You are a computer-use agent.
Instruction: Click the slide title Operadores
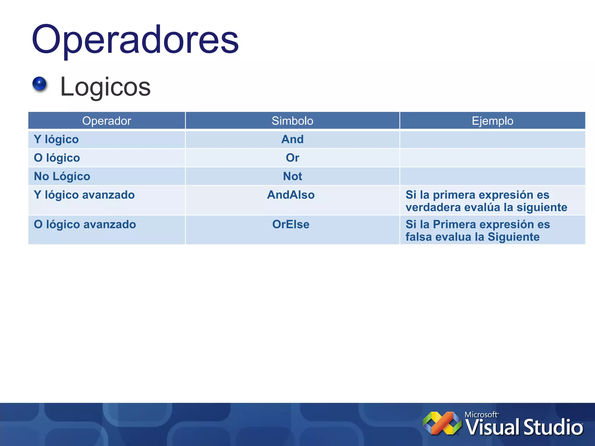[135, 39]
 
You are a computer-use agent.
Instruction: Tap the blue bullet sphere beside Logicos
[40, 84]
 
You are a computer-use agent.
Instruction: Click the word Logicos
[105, 87]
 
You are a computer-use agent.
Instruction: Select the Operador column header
[107, 121]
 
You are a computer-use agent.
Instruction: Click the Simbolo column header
[292, 121]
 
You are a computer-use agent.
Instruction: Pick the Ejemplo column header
[492, 121]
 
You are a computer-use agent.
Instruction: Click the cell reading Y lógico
[56, 139]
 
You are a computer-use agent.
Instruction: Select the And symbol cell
[292, 139]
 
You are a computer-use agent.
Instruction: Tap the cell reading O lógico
[57, 158]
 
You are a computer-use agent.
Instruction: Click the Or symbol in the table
[292, 158]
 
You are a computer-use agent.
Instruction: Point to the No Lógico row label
[62, 177]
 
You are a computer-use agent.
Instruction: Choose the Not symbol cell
[292, 177]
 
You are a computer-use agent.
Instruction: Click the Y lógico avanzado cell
[84, 195]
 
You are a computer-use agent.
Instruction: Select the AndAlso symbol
[291, 195]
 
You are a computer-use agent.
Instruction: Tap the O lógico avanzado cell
[85, 224]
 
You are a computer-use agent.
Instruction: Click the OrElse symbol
[291, 224]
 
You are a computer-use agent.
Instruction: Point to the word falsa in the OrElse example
[418, 237]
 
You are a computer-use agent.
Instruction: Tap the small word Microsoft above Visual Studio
[481, 415]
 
